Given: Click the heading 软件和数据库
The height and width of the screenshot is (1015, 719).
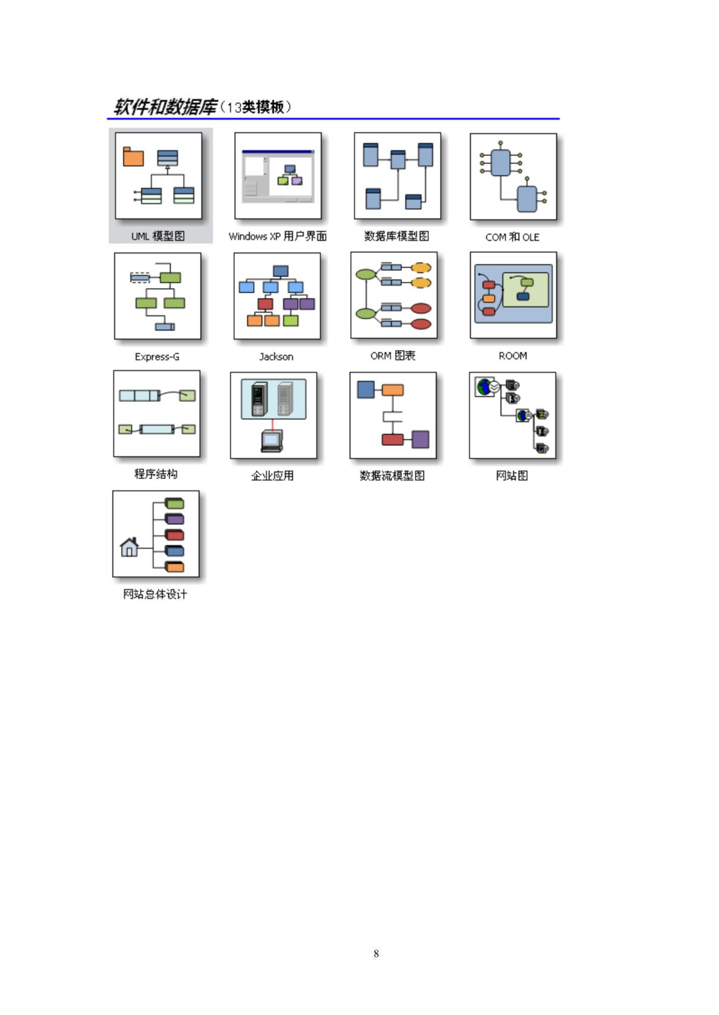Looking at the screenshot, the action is [165, 107].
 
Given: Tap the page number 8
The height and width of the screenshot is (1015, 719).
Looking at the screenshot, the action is [376, 953].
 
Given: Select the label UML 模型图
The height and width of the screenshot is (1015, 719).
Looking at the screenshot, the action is [158, 236].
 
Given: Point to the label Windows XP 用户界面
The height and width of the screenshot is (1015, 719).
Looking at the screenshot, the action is [277, 236].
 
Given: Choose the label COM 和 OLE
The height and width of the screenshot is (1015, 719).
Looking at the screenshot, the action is [512, 237].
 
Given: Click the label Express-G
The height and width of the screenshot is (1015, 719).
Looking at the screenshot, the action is [157, 357].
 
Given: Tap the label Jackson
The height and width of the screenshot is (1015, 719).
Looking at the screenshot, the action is [276, 357].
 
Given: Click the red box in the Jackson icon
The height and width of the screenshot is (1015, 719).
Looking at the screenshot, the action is [265, 304].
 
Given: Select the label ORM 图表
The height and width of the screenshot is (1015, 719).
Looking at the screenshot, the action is [393, 356].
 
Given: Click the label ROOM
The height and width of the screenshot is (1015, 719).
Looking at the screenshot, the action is [513, 356].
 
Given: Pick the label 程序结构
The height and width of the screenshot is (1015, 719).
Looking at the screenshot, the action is [156, 474].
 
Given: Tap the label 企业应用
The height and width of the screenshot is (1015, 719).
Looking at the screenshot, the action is [272, 475].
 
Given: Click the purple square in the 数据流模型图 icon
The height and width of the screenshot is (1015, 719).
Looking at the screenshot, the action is [420, 439].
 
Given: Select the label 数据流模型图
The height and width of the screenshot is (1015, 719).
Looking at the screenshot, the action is [392, 475].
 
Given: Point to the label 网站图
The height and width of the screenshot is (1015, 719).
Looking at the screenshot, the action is [512, 475].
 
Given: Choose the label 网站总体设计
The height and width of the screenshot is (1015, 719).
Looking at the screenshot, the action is [155, 594].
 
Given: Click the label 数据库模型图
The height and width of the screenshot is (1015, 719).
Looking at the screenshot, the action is [396, 236].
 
